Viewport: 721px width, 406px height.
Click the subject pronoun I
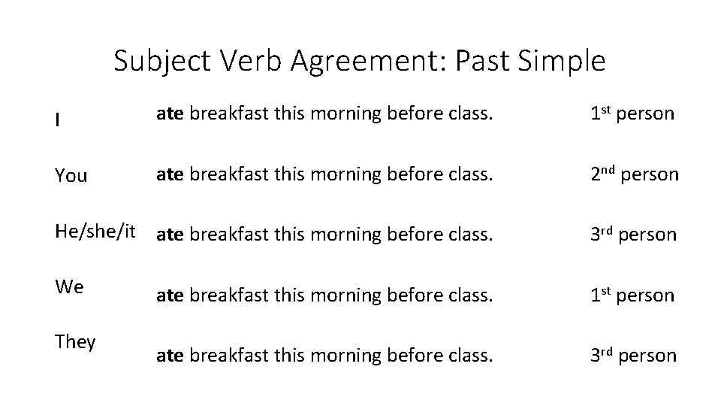point(57,119)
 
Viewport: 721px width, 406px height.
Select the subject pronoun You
point(71,176)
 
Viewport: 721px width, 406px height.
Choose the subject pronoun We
point(69,286)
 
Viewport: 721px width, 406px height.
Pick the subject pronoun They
point(75,342)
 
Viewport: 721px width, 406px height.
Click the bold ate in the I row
point(170,114)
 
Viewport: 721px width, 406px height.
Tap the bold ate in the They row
point(170,356)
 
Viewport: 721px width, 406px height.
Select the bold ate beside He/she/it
point(170,235)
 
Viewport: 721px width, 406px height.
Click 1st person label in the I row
point(632,114)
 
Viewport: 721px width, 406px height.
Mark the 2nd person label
point(634,174)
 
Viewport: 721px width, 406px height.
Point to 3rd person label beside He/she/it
point(633,235)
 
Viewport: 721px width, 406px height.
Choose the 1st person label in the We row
point(632,295)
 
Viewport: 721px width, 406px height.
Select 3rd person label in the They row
point(633,356)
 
